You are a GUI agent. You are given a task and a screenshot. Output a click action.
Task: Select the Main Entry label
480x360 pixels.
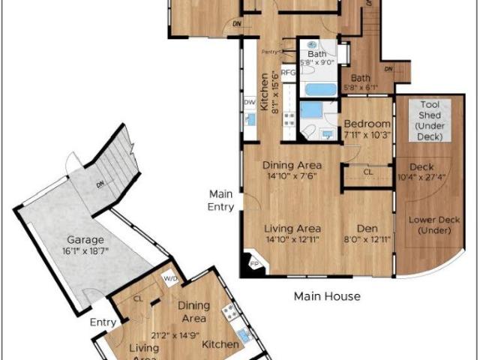click(221, 200)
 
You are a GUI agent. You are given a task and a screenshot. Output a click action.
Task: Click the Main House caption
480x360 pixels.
click(326, 296)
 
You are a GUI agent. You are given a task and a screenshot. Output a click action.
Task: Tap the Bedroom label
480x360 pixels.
click(367, 124)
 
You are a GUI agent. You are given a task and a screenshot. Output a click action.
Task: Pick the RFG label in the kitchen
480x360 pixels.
click(288, 73)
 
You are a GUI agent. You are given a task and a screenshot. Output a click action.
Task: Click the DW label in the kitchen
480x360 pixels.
click(249, 102)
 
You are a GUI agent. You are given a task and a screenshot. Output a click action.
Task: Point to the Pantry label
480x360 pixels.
click(269, 52)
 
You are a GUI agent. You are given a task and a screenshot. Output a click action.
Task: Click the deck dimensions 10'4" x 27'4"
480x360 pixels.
click(423, 178)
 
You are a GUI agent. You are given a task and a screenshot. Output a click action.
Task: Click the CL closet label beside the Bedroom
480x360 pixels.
click(367, 172)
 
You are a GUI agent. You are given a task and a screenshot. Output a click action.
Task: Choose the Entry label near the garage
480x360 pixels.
click(103, 322)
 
